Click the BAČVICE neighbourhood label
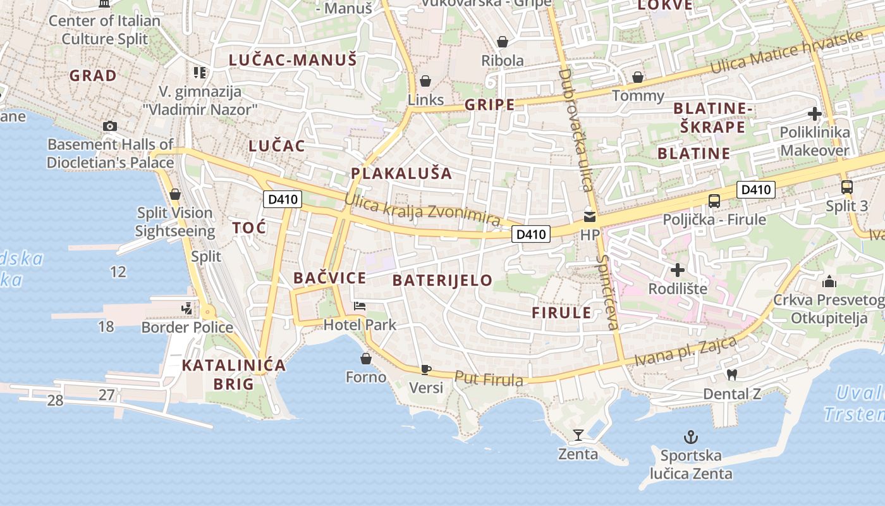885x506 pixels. coord(329,278)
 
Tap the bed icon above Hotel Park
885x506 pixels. coord(360,306)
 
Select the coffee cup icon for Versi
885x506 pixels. coord(426,369)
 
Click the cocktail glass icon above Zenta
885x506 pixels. coord(578,435)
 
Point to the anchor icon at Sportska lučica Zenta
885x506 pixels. coord(691,436)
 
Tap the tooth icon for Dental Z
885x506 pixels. coord(732,374)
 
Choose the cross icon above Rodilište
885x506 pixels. coord(678,270)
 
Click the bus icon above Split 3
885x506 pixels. coord(847,187)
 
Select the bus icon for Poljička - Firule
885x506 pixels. coord(714,201)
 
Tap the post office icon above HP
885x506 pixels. coord(589,216)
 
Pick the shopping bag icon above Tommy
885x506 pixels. coord(638,77)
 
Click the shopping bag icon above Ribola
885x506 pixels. coord(503,42)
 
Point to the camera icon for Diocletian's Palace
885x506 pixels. coord(110,126)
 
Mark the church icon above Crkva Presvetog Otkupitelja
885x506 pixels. coord(829,281)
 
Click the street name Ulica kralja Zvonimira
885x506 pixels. coord(422,211)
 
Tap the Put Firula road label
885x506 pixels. coord(489,378)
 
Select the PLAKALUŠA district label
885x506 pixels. coord(401,173)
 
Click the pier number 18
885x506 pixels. coord(106,326)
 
